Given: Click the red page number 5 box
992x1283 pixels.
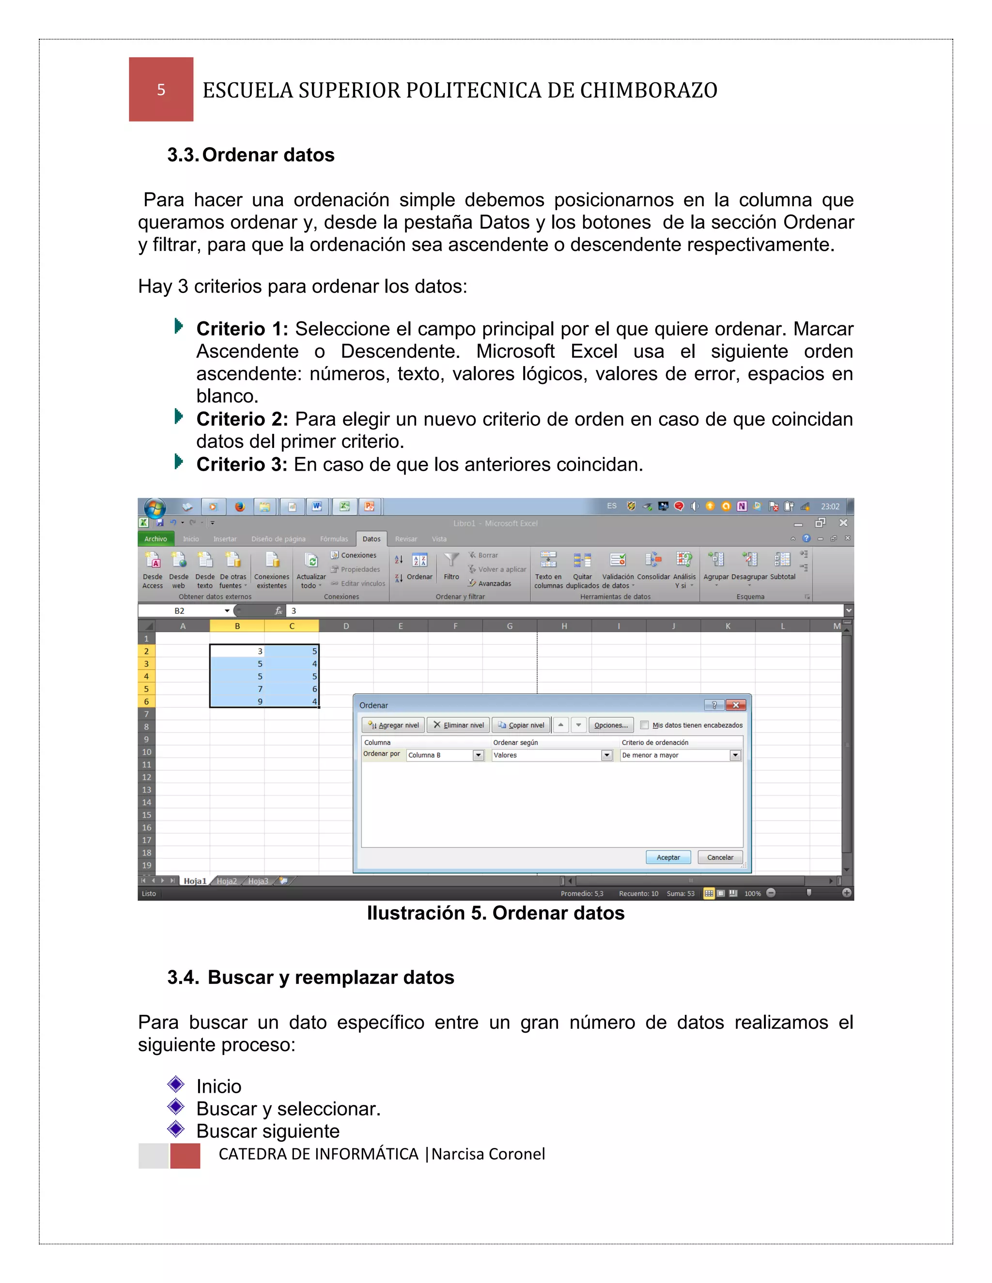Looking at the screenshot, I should click(x=161, y=89).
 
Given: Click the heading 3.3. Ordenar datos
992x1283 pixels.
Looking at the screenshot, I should click(x=250, y=154).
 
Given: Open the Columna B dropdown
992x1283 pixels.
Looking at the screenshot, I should click(x=479, y=755).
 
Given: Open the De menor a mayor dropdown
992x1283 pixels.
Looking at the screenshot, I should click(x=735, y=755).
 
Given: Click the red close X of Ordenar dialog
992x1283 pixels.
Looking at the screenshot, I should click(x=736, y=705).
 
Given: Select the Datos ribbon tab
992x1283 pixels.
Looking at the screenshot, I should click(x=371, y=539).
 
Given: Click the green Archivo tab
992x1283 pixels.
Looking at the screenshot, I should click(x=156, y=539).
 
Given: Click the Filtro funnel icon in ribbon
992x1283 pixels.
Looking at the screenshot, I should click(x=451, y=561).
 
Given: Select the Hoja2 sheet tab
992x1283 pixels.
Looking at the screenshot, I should click(x=226, y=881).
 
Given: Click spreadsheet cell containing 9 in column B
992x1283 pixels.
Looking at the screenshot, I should click(x=237, y=702).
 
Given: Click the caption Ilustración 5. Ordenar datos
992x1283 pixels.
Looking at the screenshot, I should click(x=496, y=913).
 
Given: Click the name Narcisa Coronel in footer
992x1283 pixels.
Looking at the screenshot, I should click(x=488, y=1154).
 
